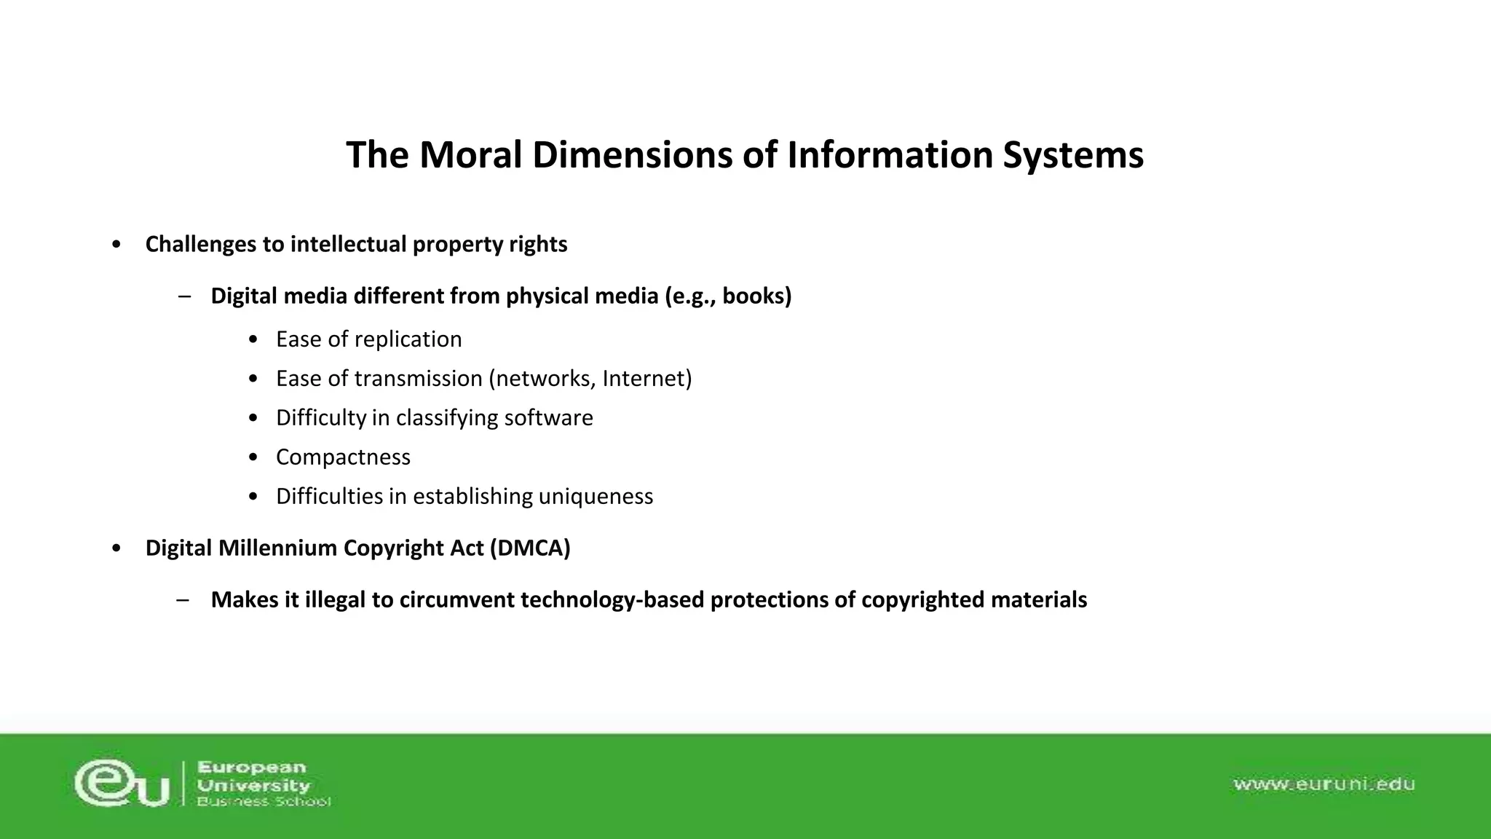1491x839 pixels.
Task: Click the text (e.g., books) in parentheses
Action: pyautogui.click(x=728, y=296)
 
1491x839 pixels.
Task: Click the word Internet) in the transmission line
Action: pyautogui.click(x=646, y=379)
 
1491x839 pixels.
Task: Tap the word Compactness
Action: pyautogui.click(x=343, y=457)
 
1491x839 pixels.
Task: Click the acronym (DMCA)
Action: pyautogui.click(x=530, y=548)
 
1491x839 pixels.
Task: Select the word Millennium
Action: pyautogui.click(x=277, y=548)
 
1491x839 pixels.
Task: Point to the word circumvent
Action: pyautogui.click(x=456, y=600)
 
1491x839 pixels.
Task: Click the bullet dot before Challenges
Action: pyautogui.click(x=116, y=245)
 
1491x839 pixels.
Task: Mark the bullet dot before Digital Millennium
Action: pyautogui.click(x=116, y=548)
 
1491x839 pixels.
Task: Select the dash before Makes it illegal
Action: pyautogui.click(x=183, y=600)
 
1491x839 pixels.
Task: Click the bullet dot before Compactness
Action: pyautogui.click(x=253, y=457)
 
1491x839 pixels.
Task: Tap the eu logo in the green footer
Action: pyautogui.click(x=122, y=783)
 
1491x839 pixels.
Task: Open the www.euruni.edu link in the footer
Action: pyautogui.click(x=1324, y=784)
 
